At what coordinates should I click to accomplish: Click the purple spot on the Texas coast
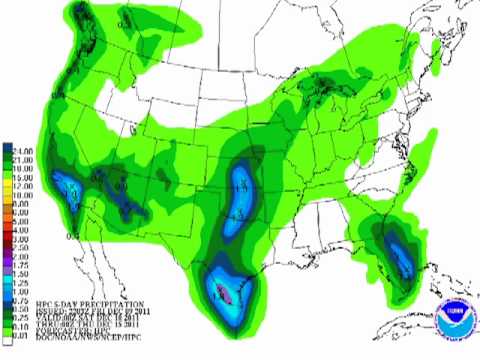point(228,293)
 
